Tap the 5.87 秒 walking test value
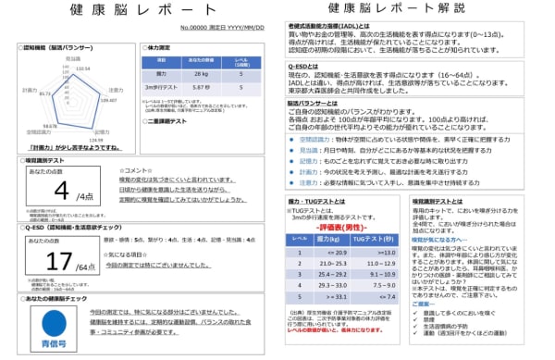click(195, 86)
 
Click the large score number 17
click(56, 263)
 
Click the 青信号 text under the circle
click(45, 344)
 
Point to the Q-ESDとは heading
click(305, 68)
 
